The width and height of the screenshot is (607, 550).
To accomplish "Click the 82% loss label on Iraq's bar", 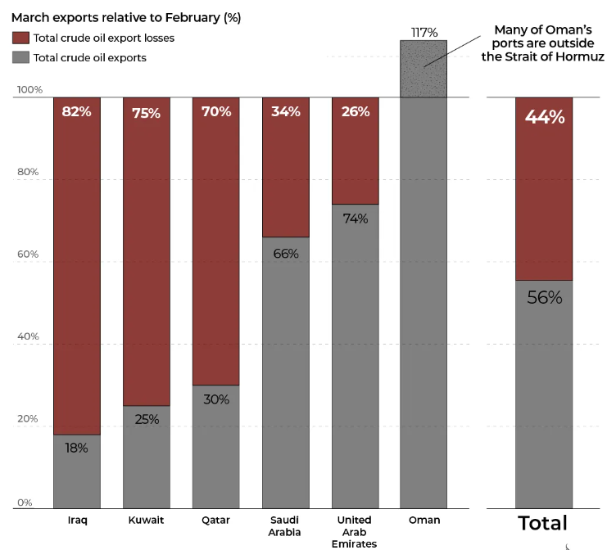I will click(x=77, y=112).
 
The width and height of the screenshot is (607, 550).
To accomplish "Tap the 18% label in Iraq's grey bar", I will click(x=77, y=447).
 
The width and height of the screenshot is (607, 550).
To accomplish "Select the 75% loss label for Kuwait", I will click(x=147, y=113).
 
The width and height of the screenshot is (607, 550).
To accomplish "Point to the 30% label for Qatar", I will click(x=216, y=399).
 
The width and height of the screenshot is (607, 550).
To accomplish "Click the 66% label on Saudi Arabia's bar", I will click(x=286, y=254).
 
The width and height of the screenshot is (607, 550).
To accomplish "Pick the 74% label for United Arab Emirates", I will click(x=356, y=219).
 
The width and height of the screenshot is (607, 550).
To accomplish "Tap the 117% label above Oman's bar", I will click(x=424, y=33).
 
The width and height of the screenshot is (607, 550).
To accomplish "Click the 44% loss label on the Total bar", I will click(x=545, y=117).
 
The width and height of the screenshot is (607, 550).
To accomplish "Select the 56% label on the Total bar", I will click(x=545, y=297).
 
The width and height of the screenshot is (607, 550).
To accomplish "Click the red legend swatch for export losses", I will click(x=20, y=38).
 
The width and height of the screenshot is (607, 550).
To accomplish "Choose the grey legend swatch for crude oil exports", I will click(x=20, y=57).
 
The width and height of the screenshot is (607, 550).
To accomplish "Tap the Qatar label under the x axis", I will click(x=216, y=521).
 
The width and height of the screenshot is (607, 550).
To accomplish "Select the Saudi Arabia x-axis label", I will click(x=286, y=526).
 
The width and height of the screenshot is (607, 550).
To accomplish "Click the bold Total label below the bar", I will click(x=542, y=524).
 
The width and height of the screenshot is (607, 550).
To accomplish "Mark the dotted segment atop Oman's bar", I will click(x=424, y=69).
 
